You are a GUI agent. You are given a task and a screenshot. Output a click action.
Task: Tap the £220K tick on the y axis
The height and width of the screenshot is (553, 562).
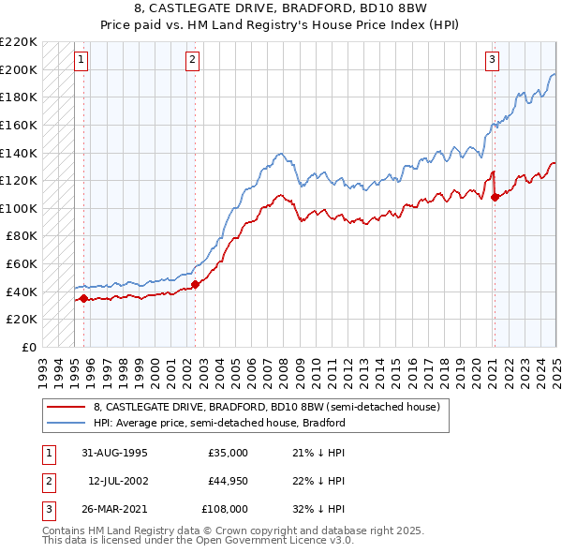click(x=19, y=42)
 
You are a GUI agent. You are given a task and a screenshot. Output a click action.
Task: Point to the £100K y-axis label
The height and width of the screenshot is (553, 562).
click(x=19, y=208)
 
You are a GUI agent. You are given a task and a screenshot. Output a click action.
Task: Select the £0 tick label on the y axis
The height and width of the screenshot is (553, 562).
click(x=27, y=347)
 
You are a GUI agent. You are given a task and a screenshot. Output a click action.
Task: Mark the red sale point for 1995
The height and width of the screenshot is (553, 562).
click(x=84, y=299)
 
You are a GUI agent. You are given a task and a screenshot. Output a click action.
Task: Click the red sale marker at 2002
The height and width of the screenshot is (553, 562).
click(x=195, y=285)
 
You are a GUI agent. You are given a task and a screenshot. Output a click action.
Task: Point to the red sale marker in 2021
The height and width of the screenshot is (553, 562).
click(x=495, y=197)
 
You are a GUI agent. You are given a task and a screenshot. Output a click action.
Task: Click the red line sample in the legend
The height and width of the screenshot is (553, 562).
click(x=67, y=407)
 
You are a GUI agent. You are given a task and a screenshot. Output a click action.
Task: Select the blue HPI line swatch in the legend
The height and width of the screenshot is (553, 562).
click(x=67, y=423)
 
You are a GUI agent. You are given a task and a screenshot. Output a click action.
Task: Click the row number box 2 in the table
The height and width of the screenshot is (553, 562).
click(x=47, y=481)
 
